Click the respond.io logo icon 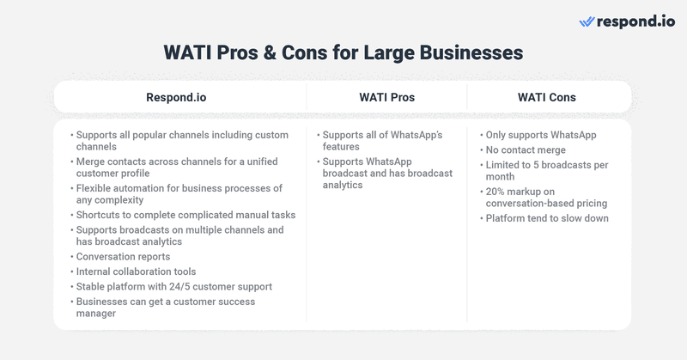pos(587,21)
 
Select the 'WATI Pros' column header pos(386,97)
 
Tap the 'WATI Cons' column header pos(546,97)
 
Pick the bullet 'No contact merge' pos(526,150)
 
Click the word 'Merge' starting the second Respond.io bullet pos(92,162)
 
